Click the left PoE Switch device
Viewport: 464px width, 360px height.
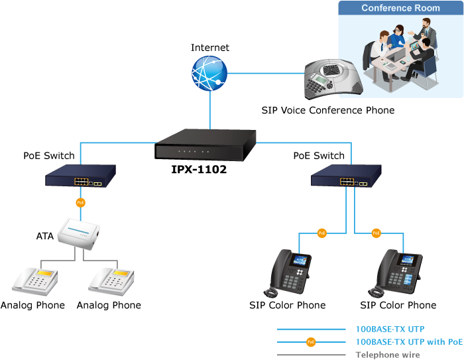click(81, 177)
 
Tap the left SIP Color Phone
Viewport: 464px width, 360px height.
click(289, 272)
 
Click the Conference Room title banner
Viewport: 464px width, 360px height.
click(400, 8)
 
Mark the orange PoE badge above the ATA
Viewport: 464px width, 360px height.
click(80, 202)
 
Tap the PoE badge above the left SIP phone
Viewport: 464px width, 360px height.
click(321, 233)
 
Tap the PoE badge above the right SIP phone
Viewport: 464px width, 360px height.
click(376, 233)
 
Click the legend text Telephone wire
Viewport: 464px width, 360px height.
click(388, 355)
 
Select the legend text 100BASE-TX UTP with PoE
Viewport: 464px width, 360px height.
click(409, 342)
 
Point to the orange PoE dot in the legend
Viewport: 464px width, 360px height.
click(310, 342)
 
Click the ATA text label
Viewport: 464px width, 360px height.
click(44, 235)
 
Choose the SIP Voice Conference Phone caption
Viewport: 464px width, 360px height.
click(327, 111)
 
